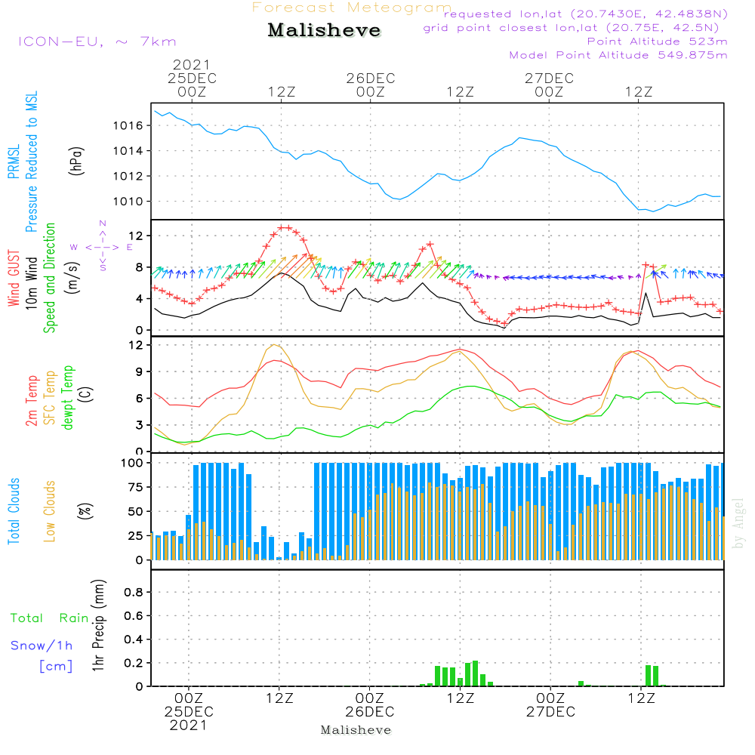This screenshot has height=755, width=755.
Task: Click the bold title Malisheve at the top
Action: [325, 31]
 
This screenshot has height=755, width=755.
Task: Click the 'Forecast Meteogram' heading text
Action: [352, 8]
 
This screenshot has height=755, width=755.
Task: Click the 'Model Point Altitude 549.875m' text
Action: [618, 55]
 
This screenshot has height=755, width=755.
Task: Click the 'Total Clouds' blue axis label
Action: [14, 511]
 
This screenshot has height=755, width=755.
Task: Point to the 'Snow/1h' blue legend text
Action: [42, 646]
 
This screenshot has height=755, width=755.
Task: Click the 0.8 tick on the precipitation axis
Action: [134, 593]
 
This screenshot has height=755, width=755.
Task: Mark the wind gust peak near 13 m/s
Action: [284, 227]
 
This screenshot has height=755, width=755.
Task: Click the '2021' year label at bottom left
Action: [190, 726]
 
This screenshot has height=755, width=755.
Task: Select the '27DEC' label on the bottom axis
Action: [550, 712]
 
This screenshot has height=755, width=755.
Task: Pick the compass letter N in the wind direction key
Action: [103, 223]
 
